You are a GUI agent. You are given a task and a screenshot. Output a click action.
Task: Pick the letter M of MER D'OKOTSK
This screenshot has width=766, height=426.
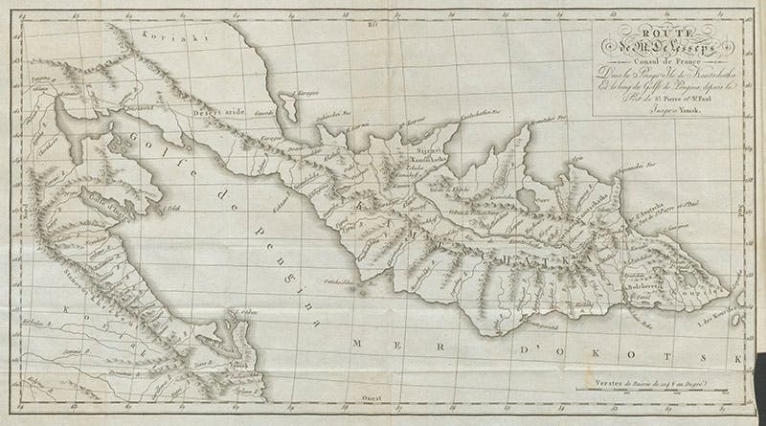[356, 342]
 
